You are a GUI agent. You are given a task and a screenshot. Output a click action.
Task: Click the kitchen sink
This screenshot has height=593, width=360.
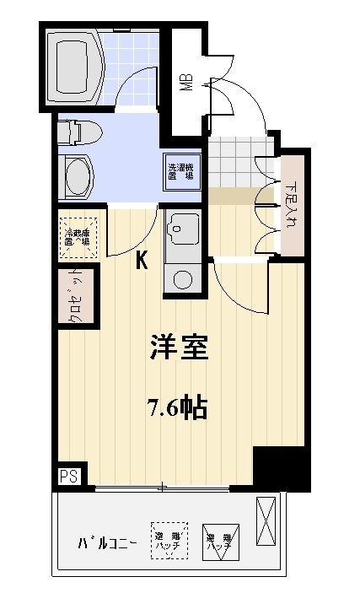click(182, 228)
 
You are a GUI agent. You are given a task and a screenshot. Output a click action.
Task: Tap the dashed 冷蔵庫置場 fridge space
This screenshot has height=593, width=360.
click(80, 235)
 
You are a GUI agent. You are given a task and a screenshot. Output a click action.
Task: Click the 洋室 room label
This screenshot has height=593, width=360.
click(179, 348)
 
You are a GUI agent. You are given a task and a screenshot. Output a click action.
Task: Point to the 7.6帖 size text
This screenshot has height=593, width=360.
click(178, 409)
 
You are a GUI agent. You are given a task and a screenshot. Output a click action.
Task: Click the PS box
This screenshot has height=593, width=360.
click(67, 476)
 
